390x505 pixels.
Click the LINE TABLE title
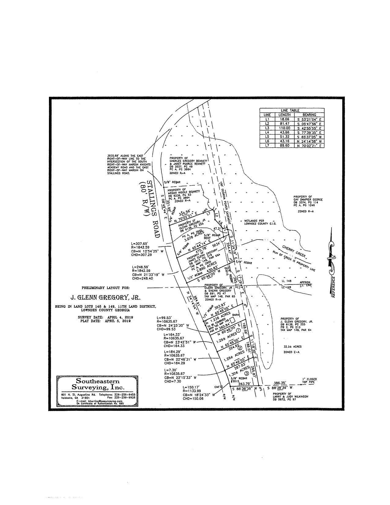pos(292,110)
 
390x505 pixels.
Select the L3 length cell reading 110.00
pos(284,128)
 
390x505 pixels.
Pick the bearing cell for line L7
pos(309,146)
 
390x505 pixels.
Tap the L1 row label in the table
pos(267,119)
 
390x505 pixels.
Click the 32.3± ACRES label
pos(292,347)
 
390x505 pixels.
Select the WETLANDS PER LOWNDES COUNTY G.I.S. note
pos(260,222)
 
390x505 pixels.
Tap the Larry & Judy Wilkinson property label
pos(290,396)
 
